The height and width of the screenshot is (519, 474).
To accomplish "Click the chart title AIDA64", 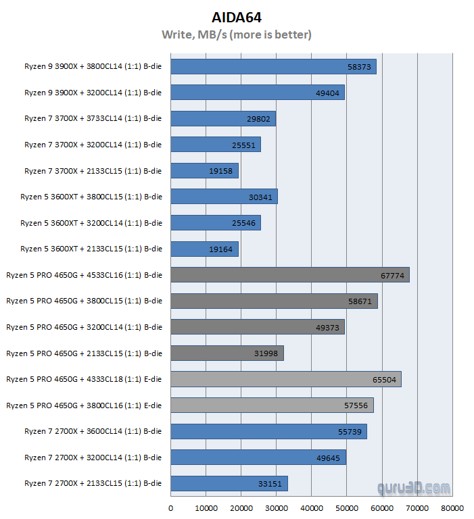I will tap(237, 17).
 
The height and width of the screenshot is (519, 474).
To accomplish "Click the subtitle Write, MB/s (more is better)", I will tap(237, 34).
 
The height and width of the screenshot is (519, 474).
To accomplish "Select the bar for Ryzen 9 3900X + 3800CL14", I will tap(273, 66).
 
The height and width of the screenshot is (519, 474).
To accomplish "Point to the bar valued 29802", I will tap(222, 119).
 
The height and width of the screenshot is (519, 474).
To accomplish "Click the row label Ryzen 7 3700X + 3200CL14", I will tap(93, 145).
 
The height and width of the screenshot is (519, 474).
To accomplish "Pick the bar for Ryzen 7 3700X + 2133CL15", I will tap(204, 171).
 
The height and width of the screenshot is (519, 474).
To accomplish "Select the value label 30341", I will tap(261, 197).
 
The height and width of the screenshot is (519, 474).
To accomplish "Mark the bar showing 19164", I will tap(204, 249).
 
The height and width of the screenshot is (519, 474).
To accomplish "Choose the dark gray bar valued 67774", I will tap(289, 275).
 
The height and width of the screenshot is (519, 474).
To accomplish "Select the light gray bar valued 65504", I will tap(285, 379).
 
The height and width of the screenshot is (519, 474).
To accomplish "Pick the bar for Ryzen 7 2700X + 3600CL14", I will tap(268, 432).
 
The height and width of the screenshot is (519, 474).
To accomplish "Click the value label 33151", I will tap(271, 484).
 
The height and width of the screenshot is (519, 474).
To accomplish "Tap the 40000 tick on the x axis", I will tap(311, 508).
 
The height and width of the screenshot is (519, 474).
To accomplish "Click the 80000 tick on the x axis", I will tap(452, 508).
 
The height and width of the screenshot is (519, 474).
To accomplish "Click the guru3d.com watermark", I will tap(420, 488).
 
